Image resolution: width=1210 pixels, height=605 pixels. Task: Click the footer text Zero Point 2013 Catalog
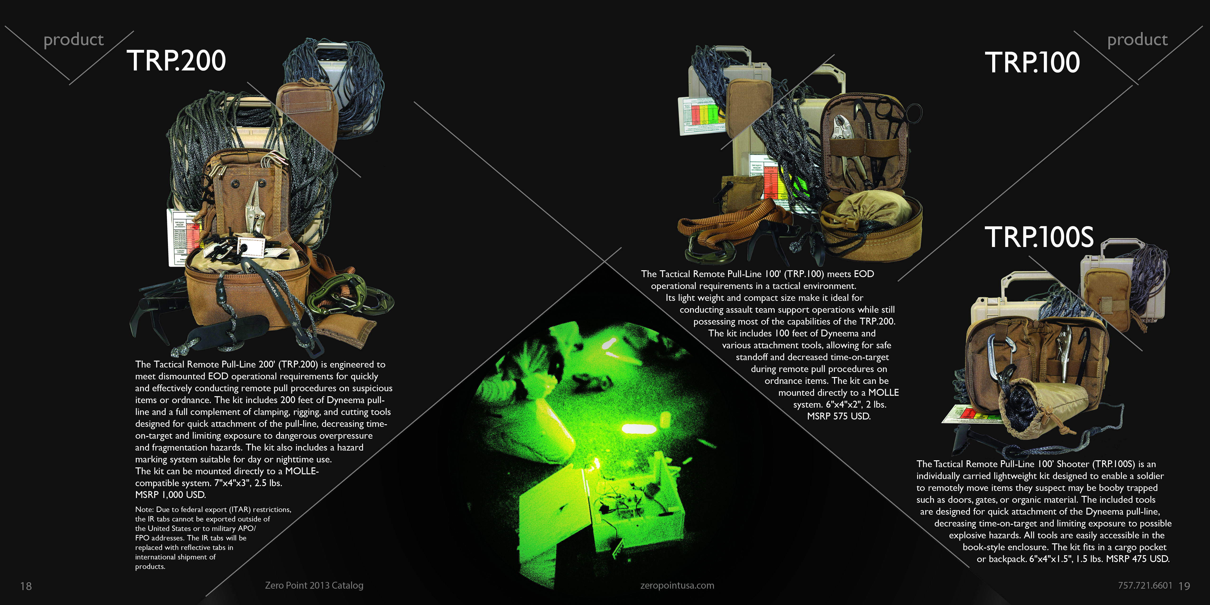(314, 585)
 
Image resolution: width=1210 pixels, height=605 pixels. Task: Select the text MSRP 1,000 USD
(171, 495)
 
